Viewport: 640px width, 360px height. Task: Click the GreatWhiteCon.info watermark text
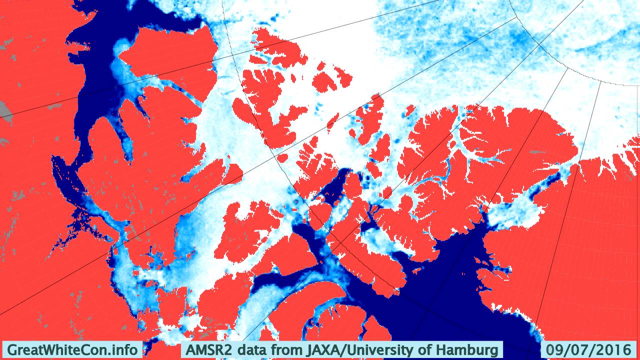[x=72, y=349]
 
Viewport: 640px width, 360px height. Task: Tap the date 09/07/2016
[x=588, y=349]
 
